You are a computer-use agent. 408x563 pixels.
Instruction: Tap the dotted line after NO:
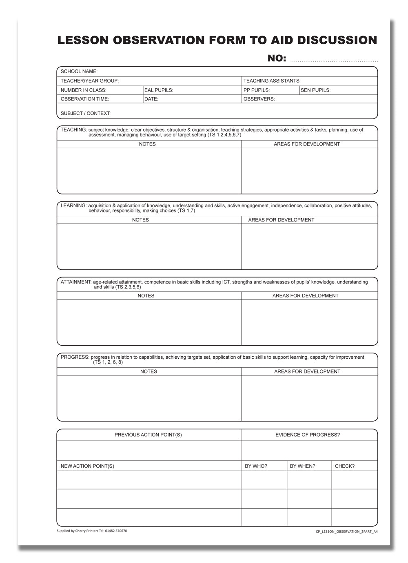(x=334, y=60)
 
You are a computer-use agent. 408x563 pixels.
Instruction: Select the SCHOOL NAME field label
(x=79, y=71)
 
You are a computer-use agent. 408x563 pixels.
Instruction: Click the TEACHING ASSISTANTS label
(x=272, y=81)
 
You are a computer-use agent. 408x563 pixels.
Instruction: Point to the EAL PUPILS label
(x=159, y=90)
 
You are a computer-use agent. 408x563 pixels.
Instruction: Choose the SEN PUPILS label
(x=315, y=90)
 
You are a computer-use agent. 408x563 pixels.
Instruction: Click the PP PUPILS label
(x=256, y=90)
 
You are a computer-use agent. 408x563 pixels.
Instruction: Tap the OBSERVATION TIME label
(x=85, y=99)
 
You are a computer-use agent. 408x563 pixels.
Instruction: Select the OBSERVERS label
(x=259, y=99)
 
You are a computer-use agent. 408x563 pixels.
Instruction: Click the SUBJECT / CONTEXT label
(x=86, y=114)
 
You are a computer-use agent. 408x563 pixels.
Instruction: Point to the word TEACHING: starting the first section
(x=73, y=130)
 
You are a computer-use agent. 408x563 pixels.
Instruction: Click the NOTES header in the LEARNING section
(x=140, y=220)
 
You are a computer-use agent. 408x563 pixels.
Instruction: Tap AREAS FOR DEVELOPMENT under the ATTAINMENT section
(x=305, y=296)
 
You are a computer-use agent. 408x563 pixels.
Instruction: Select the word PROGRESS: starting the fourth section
(x=75, y=357)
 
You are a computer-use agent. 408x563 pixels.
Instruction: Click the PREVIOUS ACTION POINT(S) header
(x=148, y=435)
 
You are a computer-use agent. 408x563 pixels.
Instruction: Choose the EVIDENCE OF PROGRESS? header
(x=307, y=435)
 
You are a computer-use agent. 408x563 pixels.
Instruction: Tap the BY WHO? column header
(x=256, y=466)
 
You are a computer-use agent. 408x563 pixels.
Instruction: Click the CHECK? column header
(x=345, y=466)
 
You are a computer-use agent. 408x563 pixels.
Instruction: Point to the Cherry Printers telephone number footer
(x=92, y=531)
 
